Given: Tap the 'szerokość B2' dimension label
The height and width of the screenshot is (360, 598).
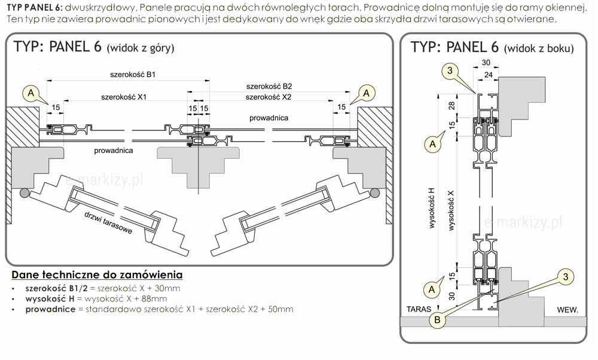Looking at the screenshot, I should (x=269, y=86).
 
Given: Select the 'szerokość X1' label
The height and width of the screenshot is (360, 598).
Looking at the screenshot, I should (x=124, y=96).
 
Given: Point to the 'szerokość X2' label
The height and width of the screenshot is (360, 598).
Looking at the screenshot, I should (x=269, y=97).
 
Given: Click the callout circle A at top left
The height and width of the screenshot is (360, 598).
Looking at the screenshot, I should (x=30, y=93).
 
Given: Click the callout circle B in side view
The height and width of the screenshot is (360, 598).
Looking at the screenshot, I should (x=438, y=320).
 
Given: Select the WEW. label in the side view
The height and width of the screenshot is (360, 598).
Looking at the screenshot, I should (x=566, y=310).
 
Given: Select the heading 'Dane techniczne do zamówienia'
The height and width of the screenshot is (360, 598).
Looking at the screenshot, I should (x=97, y=275).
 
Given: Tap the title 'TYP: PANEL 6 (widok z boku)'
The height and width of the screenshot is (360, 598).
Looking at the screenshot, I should (x=492, y=48).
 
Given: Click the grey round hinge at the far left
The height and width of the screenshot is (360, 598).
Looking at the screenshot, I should (x=24, y=193).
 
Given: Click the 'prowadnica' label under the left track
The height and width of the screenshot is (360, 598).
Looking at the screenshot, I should (x=113, y=151).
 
